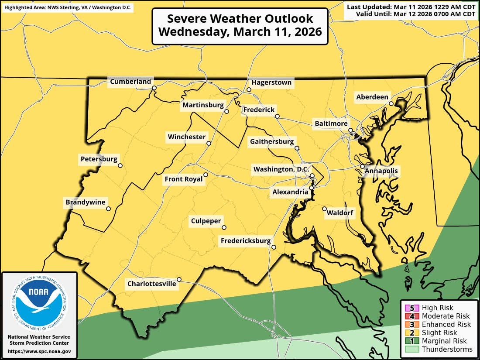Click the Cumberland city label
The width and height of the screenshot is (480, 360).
[x=130, y=82]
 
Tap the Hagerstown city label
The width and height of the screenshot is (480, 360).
[x=271, y=82]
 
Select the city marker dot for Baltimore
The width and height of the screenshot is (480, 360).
[x=350, y=130]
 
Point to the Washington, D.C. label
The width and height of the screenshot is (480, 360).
[x=281, y=169]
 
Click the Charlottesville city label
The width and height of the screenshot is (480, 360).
[x=151, y=284]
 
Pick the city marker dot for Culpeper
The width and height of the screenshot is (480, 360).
[x=224, y=227]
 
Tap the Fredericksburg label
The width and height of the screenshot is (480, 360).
[x=246, y=241]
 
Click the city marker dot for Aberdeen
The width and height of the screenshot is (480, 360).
[x=391, y=103]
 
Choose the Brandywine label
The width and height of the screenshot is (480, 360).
[x=86, y=202]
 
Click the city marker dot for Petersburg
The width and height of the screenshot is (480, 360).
[x=120, y=165]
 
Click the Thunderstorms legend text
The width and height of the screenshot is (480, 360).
[x=447, y=349]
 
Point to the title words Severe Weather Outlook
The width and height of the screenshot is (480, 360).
[x=240, y=19]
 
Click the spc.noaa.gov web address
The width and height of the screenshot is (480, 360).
[x=39, y=351]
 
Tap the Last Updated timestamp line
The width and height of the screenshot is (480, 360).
[x=411, y=7]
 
